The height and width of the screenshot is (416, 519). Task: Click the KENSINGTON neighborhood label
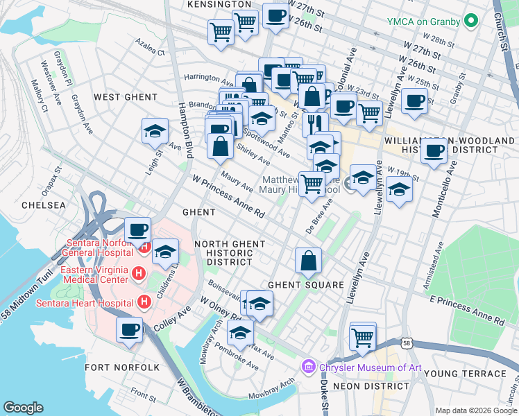coord(219,4)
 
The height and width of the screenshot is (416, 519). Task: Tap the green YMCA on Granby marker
coord(472,21)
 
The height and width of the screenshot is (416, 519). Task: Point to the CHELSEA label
coord(44,205)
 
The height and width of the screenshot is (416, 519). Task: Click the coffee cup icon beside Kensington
coord(275,17)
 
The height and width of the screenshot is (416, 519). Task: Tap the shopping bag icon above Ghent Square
coord(307,261)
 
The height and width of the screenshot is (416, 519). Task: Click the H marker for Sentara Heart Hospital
coord(144,302)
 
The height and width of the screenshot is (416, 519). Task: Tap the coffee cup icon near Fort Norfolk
coord(129,331)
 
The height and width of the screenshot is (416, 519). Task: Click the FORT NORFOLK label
coord(113,367)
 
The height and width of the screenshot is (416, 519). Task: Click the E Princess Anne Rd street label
coord(466,310)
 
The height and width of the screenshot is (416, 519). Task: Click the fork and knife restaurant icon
coord(314,123)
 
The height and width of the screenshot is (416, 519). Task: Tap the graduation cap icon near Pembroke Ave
coord(240,333)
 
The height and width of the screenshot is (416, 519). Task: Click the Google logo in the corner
coord(24,408)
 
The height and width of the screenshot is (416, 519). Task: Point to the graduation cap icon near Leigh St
coord(155,130)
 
